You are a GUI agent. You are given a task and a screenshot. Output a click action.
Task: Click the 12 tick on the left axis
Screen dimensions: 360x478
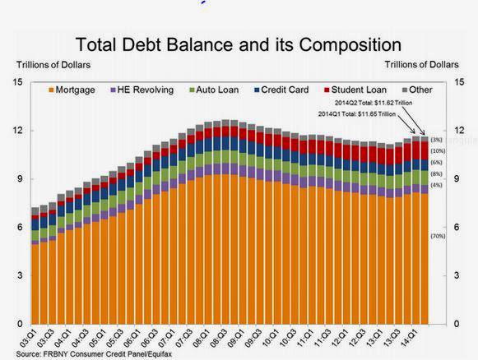click(17, 131)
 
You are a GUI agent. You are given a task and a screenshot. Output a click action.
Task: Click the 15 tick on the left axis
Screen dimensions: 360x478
click(17, 82)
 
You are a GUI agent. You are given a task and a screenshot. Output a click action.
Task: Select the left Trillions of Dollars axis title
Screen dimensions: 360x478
click(50, 63)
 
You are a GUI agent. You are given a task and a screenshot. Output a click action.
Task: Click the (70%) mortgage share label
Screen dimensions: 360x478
click(438, 237)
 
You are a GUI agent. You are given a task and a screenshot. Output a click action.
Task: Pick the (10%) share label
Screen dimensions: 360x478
click(438, 151)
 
